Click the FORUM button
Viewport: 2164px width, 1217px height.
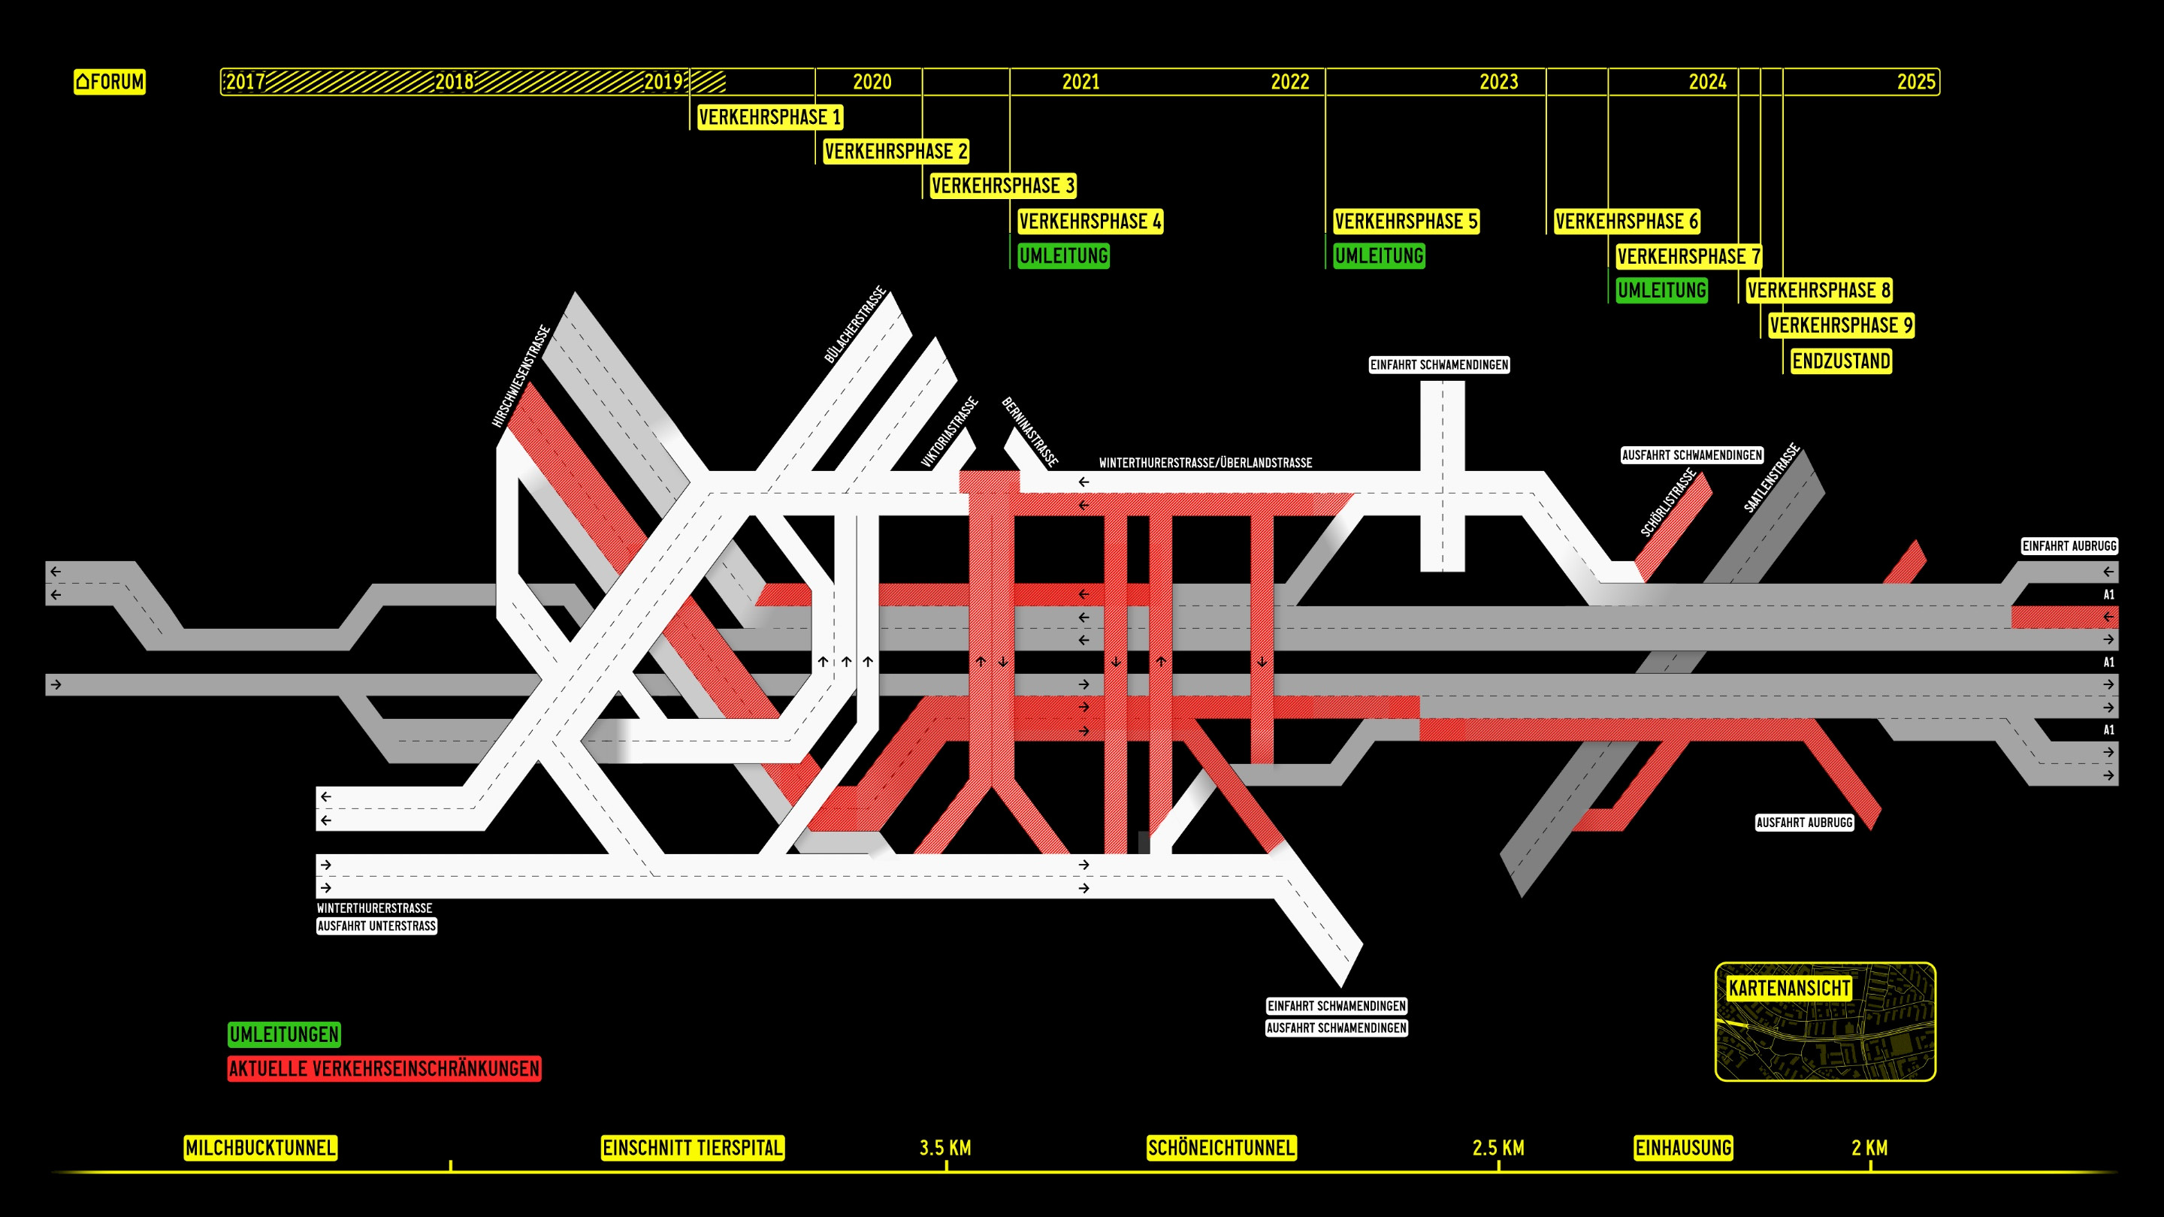pyautogui.click(x=109, y=81)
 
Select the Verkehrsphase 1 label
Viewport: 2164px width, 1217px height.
pyautogui.click(x=769, y=116)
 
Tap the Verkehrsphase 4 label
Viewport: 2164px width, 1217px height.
pyautogui.click(x=1090, y=221)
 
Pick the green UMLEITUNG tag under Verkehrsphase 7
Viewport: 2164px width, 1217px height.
pyautogui.click(x=1661, y=291)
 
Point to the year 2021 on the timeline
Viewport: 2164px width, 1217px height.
pyautogui.click(x=1080, y=81)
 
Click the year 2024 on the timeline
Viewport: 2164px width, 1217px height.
pyautogui.click(x=1707, y=81)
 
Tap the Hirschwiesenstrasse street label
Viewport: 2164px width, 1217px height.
pyautogui.click(x=521, y=376)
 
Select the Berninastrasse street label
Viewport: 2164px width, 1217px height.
pyautogui.click(x=1030, y=432)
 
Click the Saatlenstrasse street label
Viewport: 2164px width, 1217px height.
pyautogui.click(x=1771, y=478)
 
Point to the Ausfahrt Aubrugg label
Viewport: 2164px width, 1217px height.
pyautogui.click(x=1804, y=823)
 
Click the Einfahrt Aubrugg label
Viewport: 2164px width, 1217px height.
pyautogui.click(x=2069, y=546)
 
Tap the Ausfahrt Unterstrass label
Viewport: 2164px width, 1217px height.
pyautogui.click(x=376, y=926)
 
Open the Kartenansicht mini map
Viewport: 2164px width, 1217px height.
pyautogui.click(x=1825, y=1022)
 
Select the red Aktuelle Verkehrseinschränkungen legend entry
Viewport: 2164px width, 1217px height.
pyautogui.click(x=384, y=1068)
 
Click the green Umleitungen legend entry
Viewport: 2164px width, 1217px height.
pyautogui.click(x=284, y=1034)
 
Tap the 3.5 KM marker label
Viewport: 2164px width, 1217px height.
pyautogui.click(x=945, y=1147)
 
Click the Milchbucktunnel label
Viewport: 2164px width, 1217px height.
pyautogui.click(x=261, y=1147)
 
